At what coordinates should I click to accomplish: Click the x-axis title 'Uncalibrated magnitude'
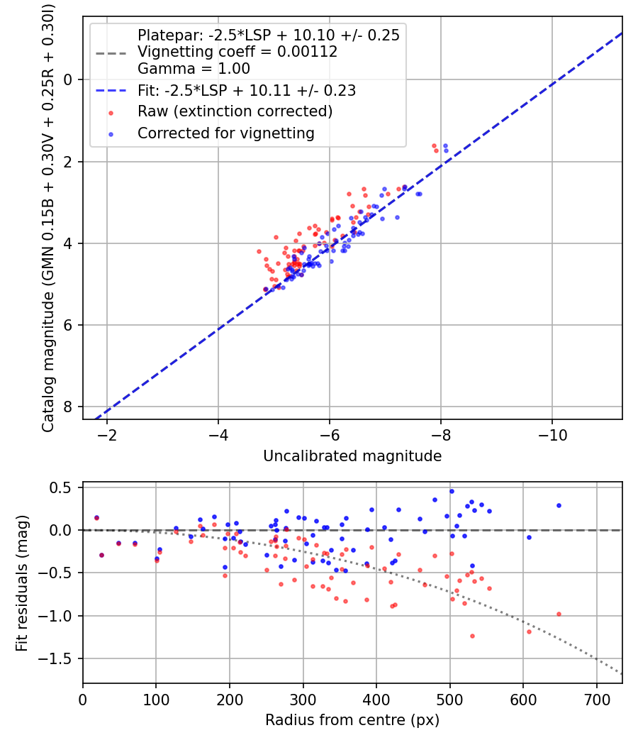click(352, 456)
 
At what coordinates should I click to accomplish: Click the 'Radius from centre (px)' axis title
click(352, 720)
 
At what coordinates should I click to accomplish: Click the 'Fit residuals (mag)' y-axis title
click(22, 583)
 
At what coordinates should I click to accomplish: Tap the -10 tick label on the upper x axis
click(552, 435)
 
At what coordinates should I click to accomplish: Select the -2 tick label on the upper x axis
click(108, 435)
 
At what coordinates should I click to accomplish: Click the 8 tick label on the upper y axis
click(69, 407)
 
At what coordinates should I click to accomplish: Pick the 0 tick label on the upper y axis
click(69, 79)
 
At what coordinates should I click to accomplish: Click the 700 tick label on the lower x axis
click(596, 699)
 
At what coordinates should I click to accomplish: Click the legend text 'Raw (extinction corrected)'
click(235, 111)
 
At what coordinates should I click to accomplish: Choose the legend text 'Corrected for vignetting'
click(226, 133)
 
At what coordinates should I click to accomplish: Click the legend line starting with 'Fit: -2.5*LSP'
click(247, 90)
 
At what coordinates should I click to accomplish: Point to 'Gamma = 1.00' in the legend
click(194, 69)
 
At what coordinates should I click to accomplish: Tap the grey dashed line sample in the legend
click(111, 52)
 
